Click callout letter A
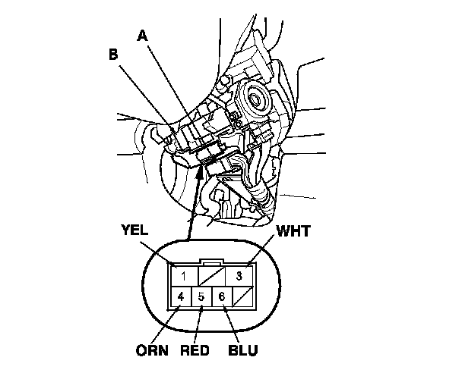point(142,35)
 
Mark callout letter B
point(113,55)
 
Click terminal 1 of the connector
point(183,274)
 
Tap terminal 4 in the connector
point(181,296)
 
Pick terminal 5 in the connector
point(201,296)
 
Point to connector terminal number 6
point(221,296)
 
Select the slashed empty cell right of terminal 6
point(242,296)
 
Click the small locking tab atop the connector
point(211,263)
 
